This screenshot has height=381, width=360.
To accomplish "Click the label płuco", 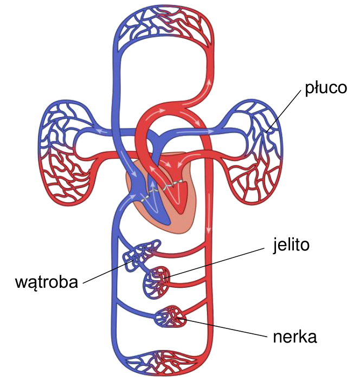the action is [326, 88].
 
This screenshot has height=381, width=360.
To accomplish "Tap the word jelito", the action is [291, 246].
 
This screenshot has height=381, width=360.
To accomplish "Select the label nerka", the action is [295, 337].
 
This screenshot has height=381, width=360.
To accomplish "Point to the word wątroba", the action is [47, 282].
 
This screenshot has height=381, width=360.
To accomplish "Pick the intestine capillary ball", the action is [156, 282].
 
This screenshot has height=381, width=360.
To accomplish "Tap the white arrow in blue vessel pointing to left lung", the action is [102, 132].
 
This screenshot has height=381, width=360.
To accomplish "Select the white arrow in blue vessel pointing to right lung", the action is [195, 132].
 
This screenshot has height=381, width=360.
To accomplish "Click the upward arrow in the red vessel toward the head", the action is [209, 82].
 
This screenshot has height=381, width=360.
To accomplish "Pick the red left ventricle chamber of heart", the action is [177, 195].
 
